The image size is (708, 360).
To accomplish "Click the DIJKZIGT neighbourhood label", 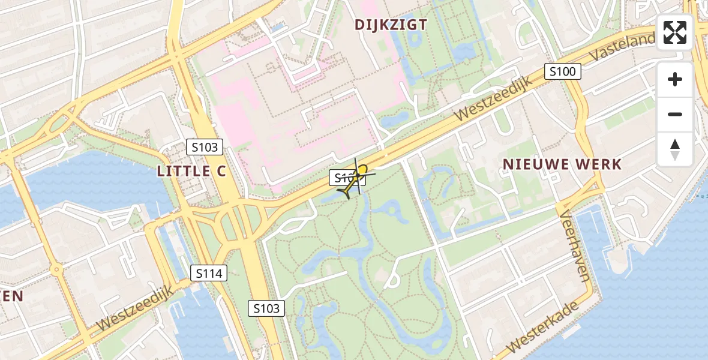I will (x=391, y=25).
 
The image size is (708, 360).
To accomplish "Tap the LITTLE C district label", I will (x=191, y=171).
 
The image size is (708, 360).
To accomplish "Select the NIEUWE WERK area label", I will (x=562, y=164).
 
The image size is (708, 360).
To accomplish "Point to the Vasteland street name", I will (x=622, y=47).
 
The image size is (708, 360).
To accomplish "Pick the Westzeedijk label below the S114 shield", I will (x=134, y=308).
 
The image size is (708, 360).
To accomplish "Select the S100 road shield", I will (x=562, y=72).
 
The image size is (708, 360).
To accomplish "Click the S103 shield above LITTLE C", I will (x=204, y=147).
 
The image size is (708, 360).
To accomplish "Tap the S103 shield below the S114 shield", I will (x=266, y=308).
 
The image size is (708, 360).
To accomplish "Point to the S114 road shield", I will (x=209, y=274).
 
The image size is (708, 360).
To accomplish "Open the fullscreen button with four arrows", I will (x=675, y=32).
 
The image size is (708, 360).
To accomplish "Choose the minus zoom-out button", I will (x=675, y=115).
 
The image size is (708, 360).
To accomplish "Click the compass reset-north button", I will (x=675, y=149).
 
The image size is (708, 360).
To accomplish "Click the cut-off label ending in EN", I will (x=12, y=296).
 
